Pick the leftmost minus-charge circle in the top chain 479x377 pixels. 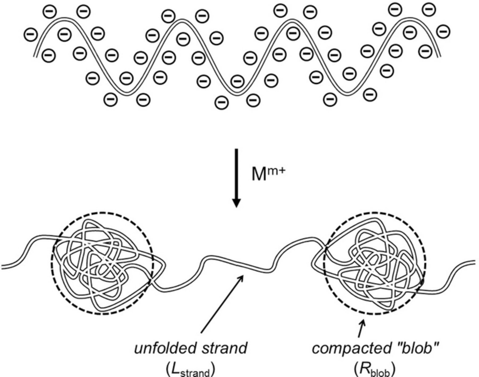pos(30,35)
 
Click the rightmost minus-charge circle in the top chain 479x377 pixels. pos(443,32)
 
